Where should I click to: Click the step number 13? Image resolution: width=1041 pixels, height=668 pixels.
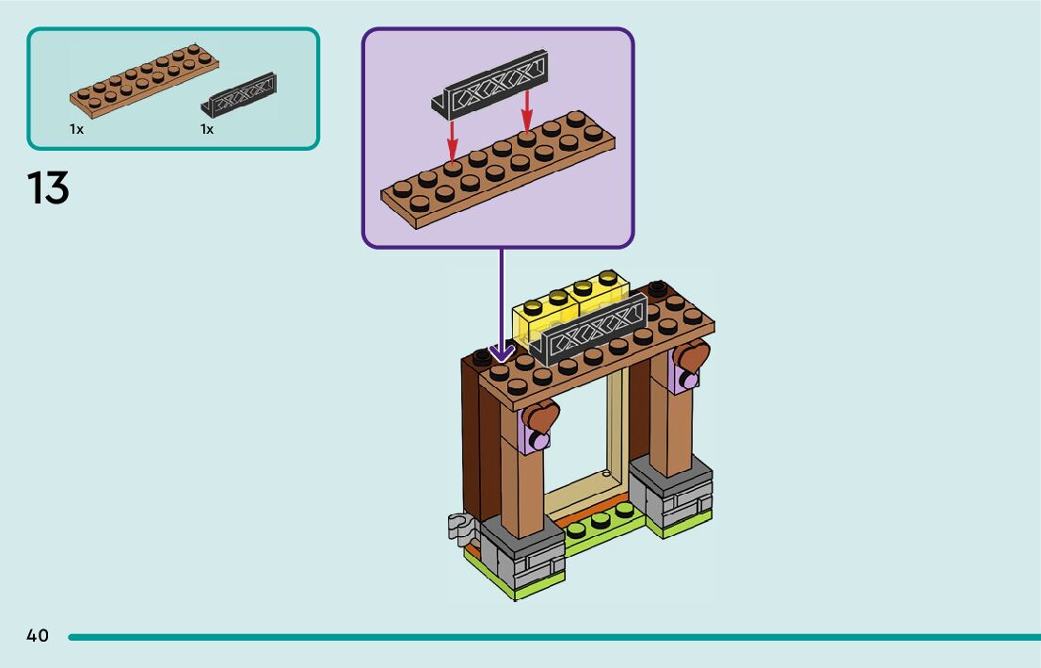[x=48, y=187]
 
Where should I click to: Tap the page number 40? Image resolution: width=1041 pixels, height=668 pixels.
[x=38, y=635]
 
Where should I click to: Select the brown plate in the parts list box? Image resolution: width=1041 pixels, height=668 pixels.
[x=144, y=81]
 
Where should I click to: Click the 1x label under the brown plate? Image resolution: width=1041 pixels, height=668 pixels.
[x=76, y=129]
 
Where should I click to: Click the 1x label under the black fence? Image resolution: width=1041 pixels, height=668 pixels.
[x=207, y=129]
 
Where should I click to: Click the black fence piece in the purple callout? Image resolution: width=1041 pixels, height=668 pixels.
[x=489, y=85]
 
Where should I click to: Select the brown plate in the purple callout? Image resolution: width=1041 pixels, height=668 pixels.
[x=498, y=170]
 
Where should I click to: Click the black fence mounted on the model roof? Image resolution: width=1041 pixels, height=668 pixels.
[x=587, y=331]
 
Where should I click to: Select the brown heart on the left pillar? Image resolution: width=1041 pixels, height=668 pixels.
[x=540, y=416]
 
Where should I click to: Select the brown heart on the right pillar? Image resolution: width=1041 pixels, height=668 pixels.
[x=693, y=356]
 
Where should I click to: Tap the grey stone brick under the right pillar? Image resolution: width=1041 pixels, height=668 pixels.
[x=670, y=490]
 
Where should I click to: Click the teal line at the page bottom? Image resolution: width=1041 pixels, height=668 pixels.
[x=554, y=637]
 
